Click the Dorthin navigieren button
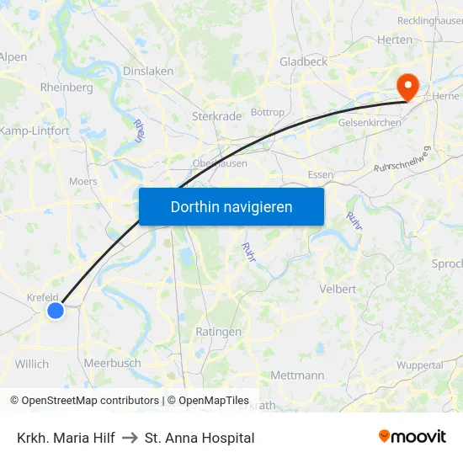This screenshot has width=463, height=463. click(x=231, y=206)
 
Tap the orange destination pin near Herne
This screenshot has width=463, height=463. click(x=408, y=86)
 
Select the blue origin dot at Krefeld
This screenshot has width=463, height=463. click(x=56, y=311)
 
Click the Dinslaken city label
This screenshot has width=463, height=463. click(x=148, y=72)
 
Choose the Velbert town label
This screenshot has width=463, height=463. click(x=338, y=289)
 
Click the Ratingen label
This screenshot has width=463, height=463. click(x=218, y=332)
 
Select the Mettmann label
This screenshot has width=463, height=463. click(x=298, y=375)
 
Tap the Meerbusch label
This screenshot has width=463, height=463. click(x=112, y=363)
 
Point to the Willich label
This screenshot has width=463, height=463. click(x=32, y=364)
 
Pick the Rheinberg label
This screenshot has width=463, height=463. click(x=67, y=88)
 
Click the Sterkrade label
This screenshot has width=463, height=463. click(x=217, y=116)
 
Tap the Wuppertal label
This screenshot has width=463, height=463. click(x=419, y=365)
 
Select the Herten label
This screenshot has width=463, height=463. click(x=395, y=40)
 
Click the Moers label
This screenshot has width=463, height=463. click(x=82, y=181)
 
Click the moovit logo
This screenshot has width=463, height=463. click(x=412, y=436)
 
